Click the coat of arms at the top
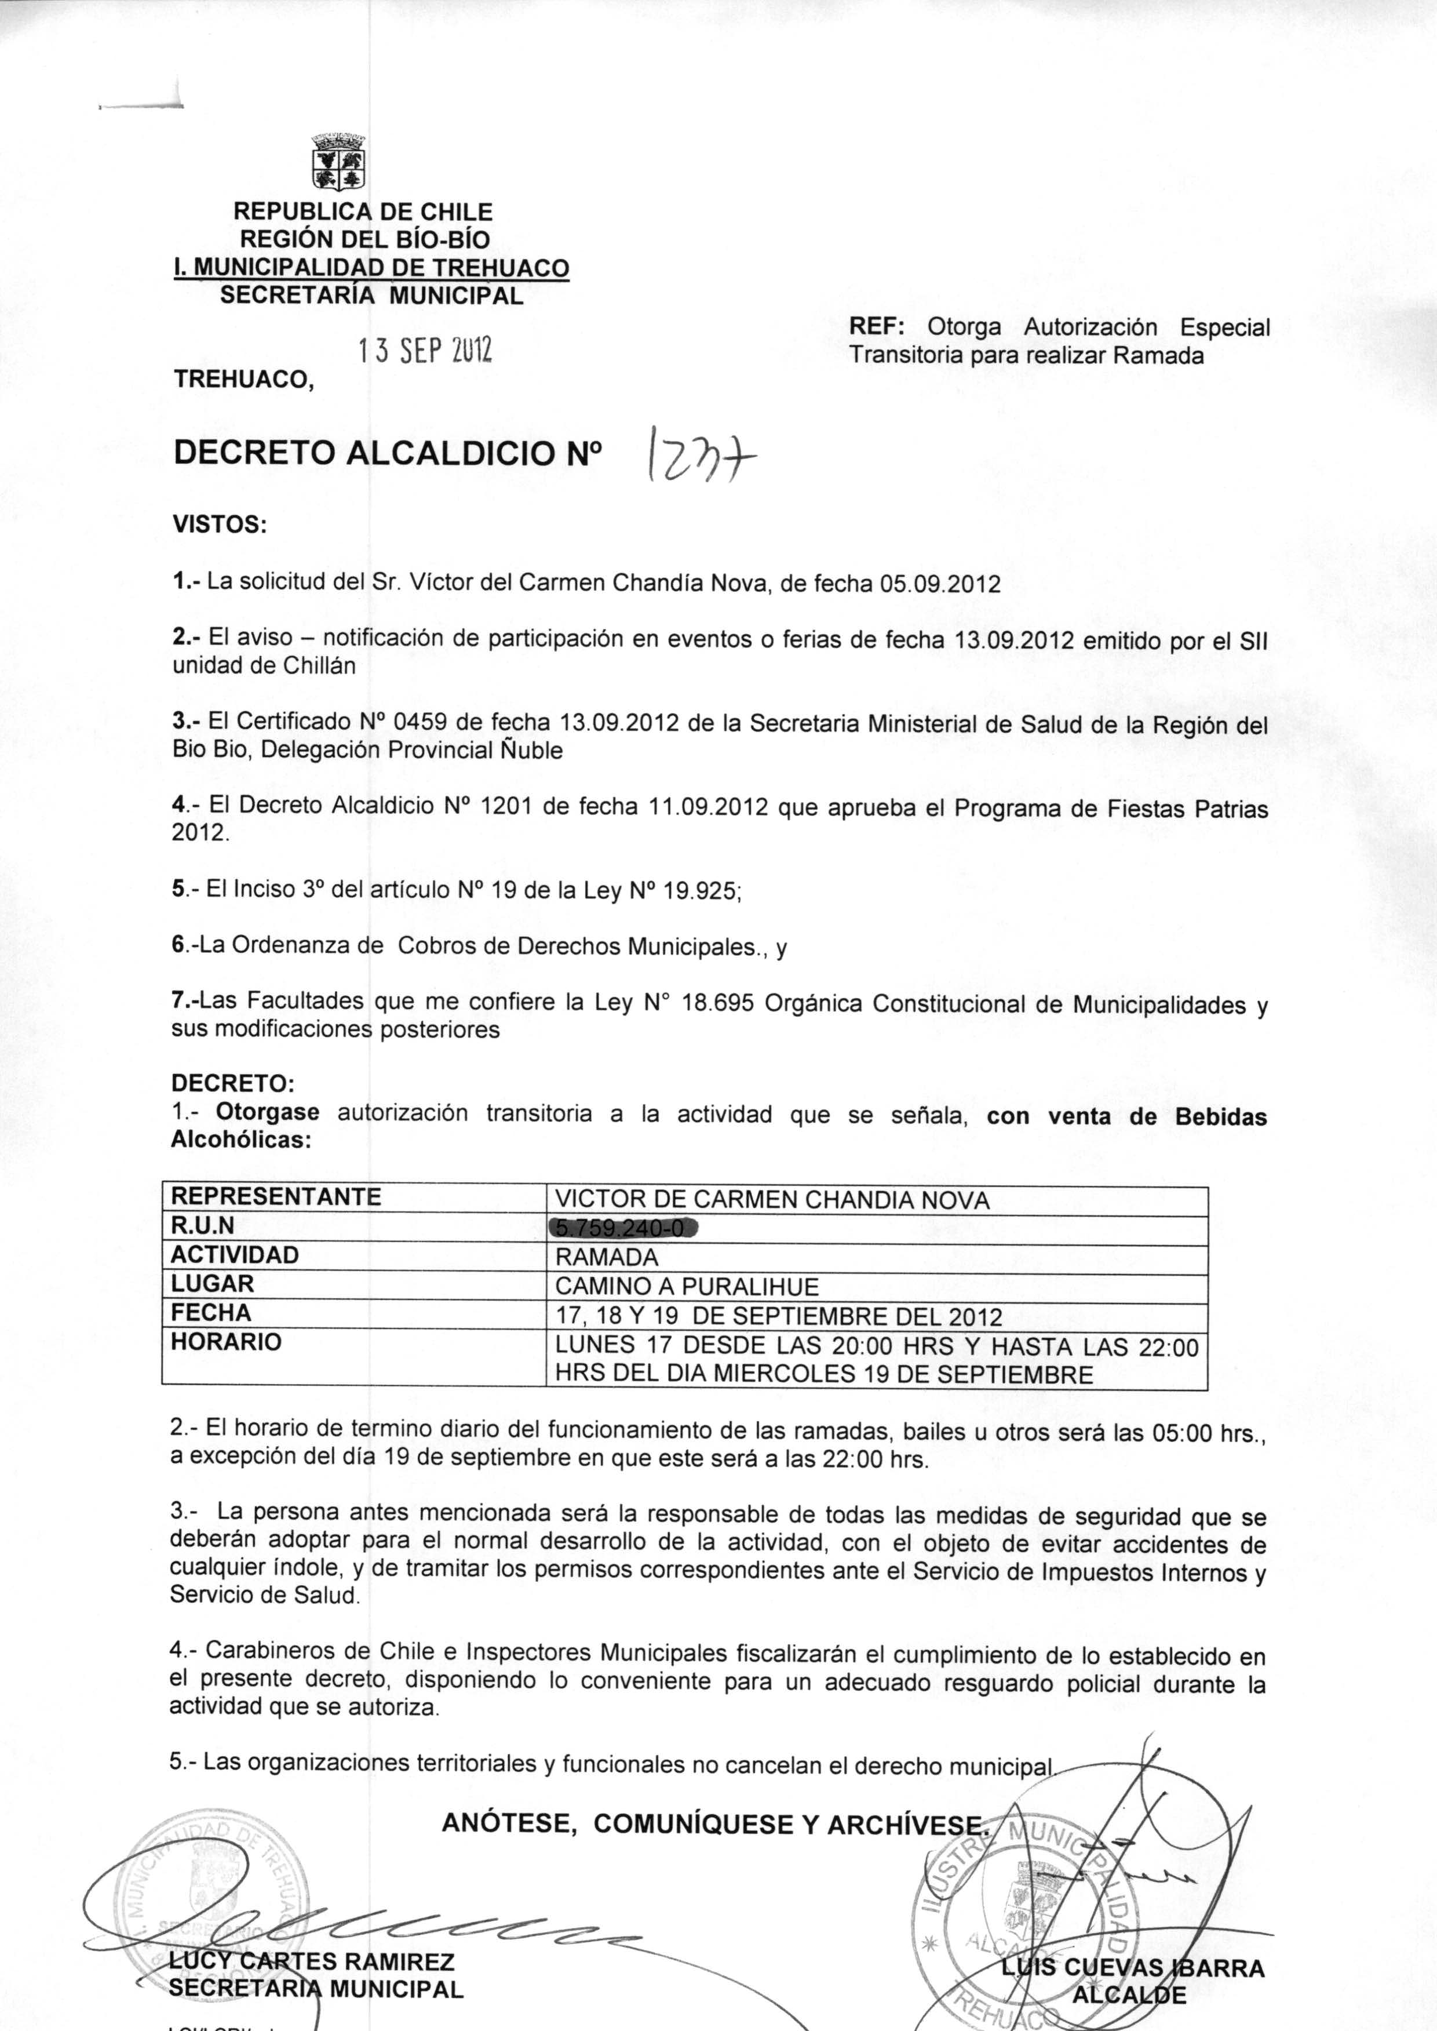pyautogui.click(x=339, y=162)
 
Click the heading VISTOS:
pyautogui.click(x=220, y=525)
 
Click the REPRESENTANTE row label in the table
pyautogui.click(x=276, y=1196)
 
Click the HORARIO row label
pyautogui.click(x=225, y=1342)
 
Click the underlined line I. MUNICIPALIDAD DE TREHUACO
pyautogui.click(x=371, y=267)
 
